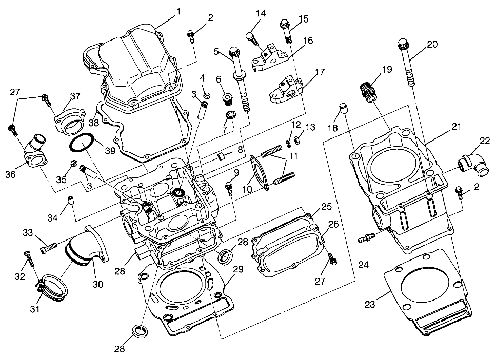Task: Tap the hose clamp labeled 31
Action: (50, 285)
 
